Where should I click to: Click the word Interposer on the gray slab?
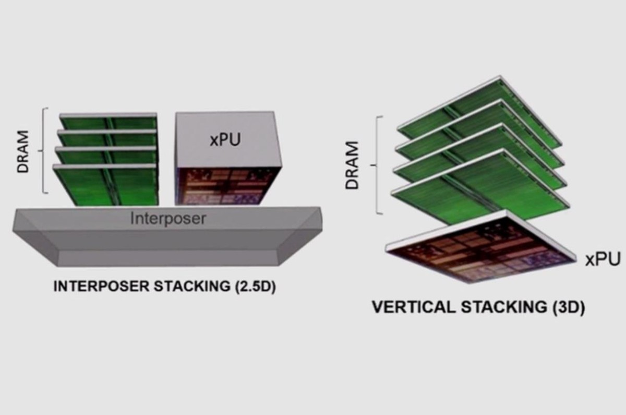pyautogui.click(x=167, y=218)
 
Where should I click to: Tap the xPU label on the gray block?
pyautogui.click(x=225, y=140)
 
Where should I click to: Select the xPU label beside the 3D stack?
pyautogui.click(x=603, y=258)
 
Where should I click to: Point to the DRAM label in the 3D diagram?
pyautogui.click(x=353, y=164)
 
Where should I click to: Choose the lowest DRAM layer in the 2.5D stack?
pyautogui.click(x=107, y=185)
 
